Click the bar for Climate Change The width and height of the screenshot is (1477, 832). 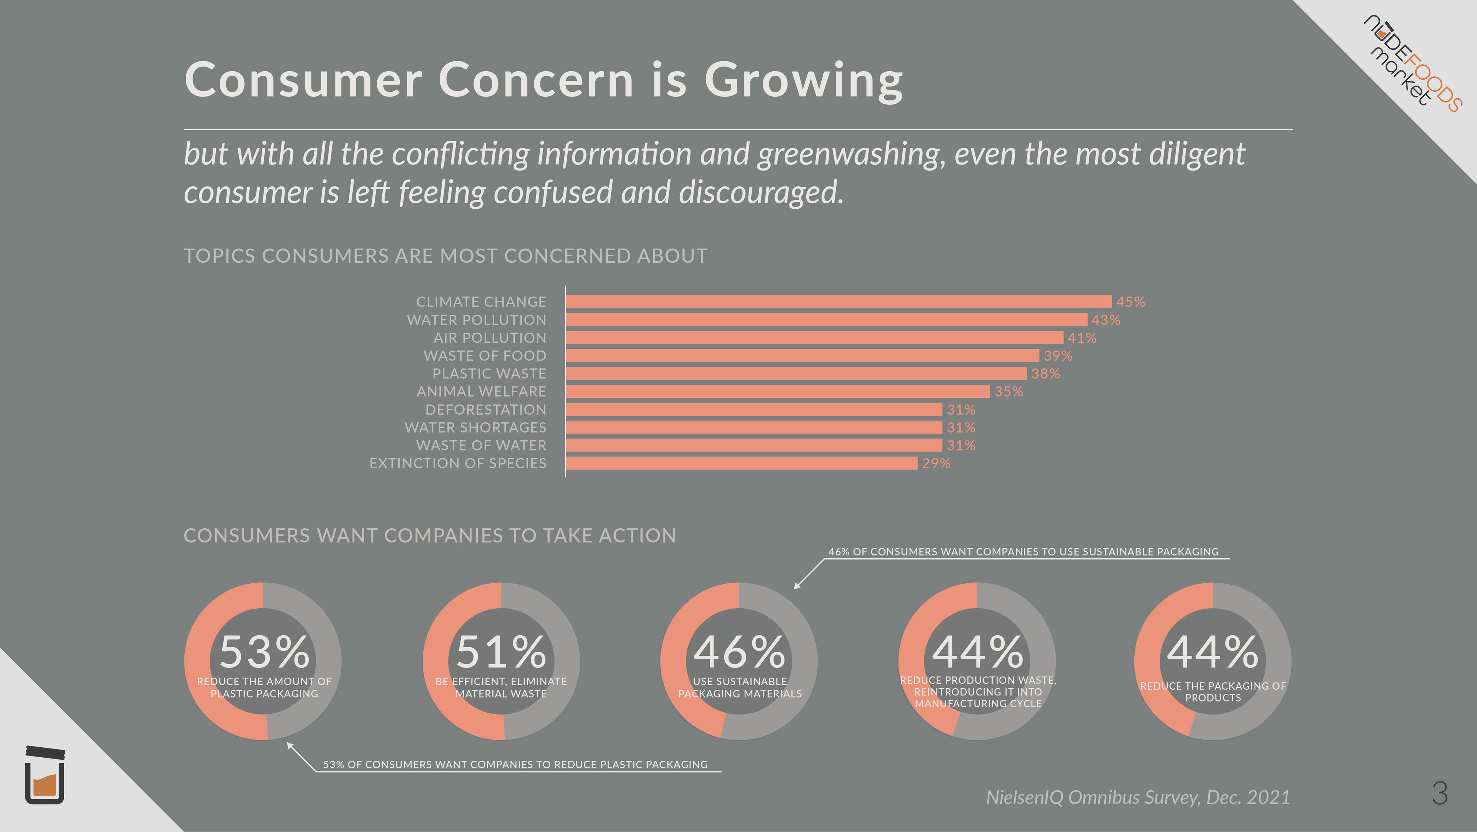[x=838, y=302]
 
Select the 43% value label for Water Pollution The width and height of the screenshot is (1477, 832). [x=1105, y=320]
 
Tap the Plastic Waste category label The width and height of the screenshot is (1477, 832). [x=489, y=373]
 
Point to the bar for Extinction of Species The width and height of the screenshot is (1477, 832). [x=741, y=463]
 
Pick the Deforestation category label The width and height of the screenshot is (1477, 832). [x=486, y=410]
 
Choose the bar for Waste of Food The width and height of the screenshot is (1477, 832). [x=802, y=356]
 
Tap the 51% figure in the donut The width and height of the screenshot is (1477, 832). [x=501, y=652]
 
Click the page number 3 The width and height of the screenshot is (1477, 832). [x=1439, y=793]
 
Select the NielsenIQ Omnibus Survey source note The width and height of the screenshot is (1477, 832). [x=1138, y=797]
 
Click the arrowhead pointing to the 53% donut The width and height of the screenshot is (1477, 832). [x=290, y=745]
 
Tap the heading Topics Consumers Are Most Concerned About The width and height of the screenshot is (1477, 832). [x=445, y=256]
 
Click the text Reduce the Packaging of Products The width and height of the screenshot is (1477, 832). [x=1213, y=691]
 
